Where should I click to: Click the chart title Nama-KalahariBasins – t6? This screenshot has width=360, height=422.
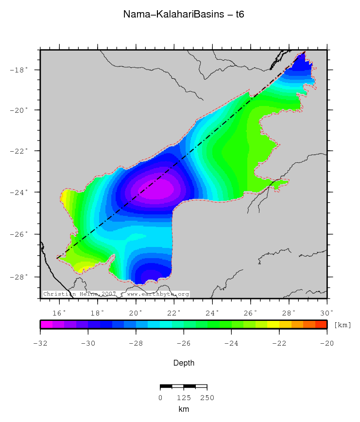pos(183,15)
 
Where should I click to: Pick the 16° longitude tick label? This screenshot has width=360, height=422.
pos(59,312)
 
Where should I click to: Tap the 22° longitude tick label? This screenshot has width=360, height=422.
pos(174,312)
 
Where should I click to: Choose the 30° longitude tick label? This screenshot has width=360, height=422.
pos(327,312)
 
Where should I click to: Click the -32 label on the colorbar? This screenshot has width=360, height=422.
pos(40,344)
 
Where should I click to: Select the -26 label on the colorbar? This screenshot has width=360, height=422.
pos(184,344)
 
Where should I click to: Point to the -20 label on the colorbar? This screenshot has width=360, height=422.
pos(327,344)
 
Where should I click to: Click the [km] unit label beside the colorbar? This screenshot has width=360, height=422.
pos(342,325)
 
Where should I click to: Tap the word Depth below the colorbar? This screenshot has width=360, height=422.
pos(184,363)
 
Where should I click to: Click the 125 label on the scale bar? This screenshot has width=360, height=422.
pos(184,398)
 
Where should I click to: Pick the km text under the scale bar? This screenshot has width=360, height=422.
pos(184,410)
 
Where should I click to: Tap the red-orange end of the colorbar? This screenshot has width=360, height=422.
pos(321,325)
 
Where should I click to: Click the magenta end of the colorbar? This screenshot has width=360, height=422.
pos(46,325)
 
